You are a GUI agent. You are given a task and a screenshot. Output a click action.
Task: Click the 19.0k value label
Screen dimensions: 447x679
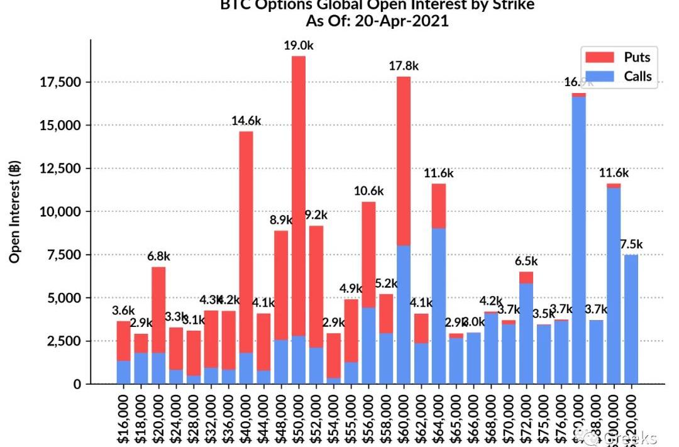299,45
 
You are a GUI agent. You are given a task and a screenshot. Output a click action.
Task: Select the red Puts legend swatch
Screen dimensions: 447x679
599,57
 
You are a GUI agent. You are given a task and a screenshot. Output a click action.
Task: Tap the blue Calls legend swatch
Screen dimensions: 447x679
599,77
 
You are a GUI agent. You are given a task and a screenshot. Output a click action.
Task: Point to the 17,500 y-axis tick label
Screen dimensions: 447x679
61,82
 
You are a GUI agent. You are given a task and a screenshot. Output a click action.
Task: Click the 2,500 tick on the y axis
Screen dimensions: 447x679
65,341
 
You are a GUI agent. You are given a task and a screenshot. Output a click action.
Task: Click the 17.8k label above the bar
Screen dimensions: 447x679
404,66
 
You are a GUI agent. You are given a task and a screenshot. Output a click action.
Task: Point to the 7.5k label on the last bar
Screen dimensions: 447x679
631,245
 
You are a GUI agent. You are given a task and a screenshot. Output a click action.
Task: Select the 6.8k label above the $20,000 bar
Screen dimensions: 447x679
158,257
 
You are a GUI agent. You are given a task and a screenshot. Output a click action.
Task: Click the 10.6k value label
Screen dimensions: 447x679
368,191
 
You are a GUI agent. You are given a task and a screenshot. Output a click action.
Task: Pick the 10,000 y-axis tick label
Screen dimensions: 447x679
61,212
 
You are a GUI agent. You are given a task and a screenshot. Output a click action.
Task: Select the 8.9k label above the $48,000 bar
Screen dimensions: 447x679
281,220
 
